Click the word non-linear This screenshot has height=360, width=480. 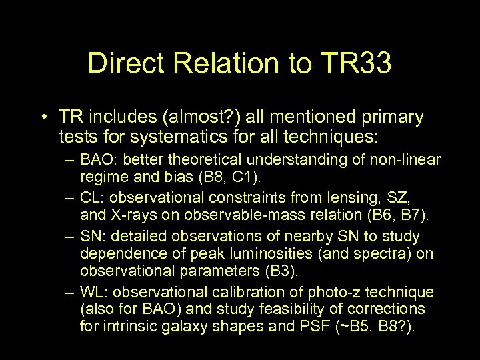(410, 160)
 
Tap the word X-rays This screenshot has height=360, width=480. (129, 215)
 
